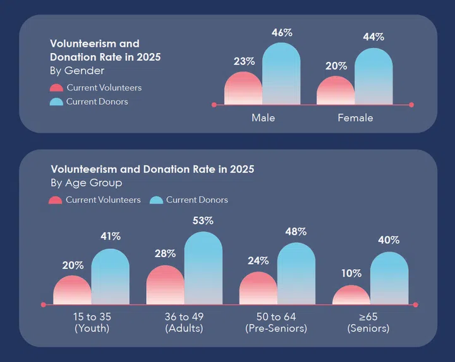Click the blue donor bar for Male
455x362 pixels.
[x=281, y=75]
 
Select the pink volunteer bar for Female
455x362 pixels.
[x=336, y=91]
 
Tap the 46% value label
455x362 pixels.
[x=281, y=32]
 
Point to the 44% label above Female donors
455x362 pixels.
[x=373, y=37]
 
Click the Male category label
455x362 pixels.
[x=263, y=118]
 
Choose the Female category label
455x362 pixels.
[x=355, y=118]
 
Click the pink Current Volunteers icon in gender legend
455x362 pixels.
[x=56, y=88]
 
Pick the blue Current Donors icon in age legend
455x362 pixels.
[x=156, y=200]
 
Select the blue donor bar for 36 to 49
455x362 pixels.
[x=203, y=268]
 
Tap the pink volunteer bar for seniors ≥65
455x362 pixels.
[x=351, y=296]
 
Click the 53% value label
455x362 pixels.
[x=203, y=221]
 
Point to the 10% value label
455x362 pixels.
[x=351, y=274]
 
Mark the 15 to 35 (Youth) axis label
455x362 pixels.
[x=92, y=322]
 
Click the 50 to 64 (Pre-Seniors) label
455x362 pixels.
[x=276, y=322]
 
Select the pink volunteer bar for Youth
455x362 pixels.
[x=72, y=291]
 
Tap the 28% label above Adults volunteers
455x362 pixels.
[x=165, y=253]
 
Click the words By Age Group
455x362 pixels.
[x=86, y=183]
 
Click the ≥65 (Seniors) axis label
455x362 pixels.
[x=370, y=322]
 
